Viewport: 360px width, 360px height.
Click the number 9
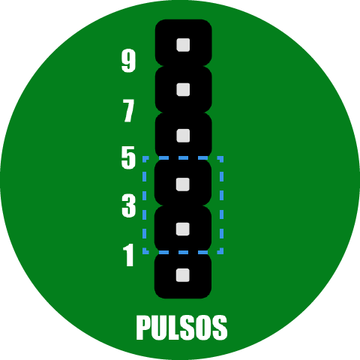coord(128,61)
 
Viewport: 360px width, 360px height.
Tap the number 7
coord(128,110)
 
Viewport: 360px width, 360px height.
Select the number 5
coord(128,157)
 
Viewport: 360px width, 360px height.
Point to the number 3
coord(129,205)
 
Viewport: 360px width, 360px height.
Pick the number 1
coord(128,255)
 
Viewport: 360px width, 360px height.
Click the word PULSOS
coord(181,328)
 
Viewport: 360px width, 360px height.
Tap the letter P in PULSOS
coord(143,328)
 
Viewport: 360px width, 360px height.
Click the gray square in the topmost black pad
coord(183,45)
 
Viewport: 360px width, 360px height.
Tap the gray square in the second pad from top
coord(183,89)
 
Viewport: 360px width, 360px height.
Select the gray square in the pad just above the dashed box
coord(183,136)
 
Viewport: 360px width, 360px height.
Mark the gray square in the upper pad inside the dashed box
coord(183,184)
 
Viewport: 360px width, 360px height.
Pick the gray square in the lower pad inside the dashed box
coord(183,229)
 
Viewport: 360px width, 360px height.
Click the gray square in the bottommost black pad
coord(183,275)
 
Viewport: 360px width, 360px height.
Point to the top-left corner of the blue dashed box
coord(144,157)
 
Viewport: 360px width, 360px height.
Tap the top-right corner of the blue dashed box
coord(222,157)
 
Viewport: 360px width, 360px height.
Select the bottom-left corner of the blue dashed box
coord(144,253)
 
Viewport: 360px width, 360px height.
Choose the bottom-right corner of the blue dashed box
coord(222,253)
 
